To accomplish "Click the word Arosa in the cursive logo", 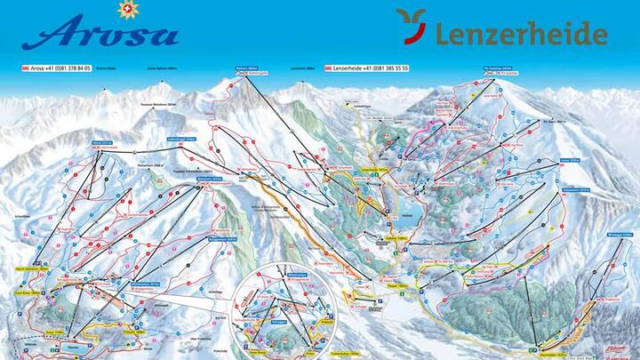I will coord(100,35).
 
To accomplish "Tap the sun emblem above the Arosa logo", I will coord(128,11).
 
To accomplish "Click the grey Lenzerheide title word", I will coord(521,34).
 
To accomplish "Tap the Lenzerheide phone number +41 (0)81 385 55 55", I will coord(372,68).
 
